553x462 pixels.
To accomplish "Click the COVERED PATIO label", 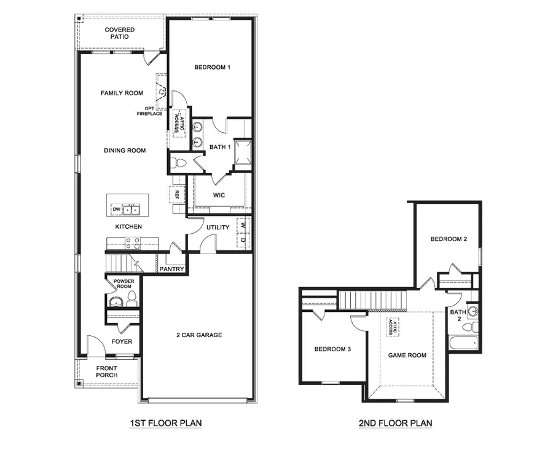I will coord(119,33).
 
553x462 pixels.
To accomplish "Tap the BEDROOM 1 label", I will coord(212,67).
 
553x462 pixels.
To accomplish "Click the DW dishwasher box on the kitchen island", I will coord(116,210).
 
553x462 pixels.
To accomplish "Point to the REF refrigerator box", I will coord(176,194).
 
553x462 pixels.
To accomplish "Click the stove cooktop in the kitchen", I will coord(133,243).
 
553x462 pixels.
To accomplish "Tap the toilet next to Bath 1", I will coord(179,163).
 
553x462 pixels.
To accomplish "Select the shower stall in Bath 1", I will coord(243,153).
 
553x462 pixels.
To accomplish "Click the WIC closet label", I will coord(219,195).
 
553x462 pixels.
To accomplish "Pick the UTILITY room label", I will coord(218,227).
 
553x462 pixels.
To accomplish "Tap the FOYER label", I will coord(122,342).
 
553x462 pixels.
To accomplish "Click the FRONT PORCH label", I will coord(107,372).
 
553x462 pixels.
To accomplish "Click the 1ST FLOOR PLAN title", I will coord(165,423).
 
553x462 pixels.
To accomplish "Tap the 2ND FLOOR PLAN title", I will coord(395,423).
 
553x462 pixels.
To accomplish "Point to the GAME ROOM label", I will coord(407,355).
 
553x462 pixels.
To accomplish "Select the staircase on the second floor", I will coord(374,301).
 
